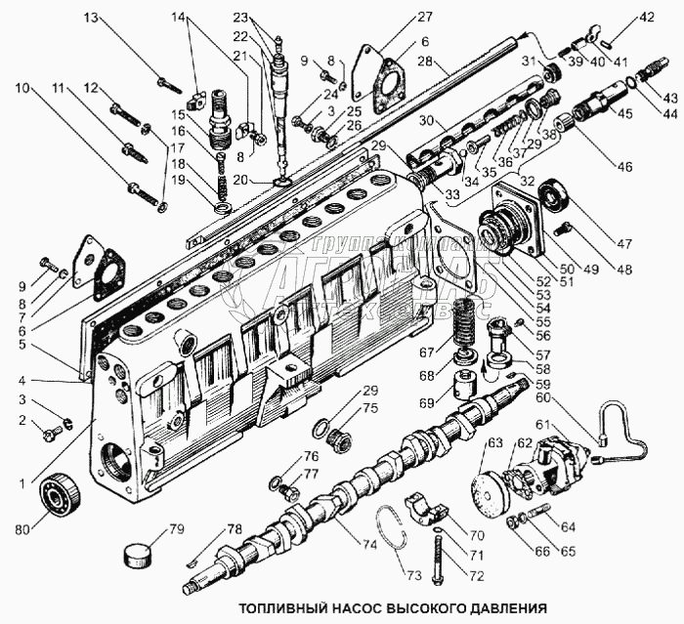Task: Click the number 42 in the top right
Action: (x=647, y=16)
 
